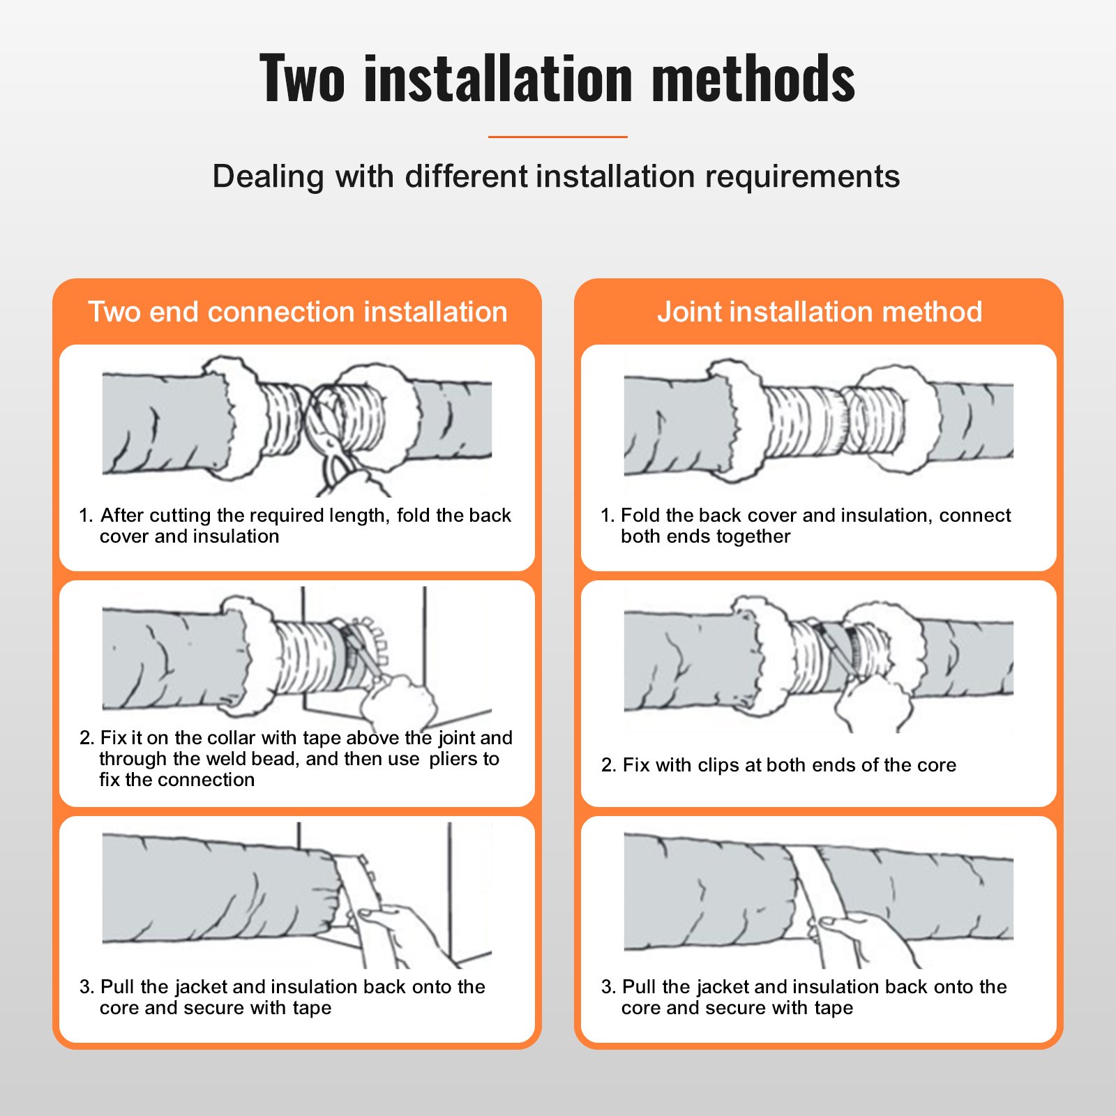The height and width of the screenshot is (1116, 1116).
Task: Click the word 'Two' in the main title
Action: (301, 78)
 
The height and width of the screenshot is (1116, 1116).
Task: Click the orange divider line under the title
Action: (557, 137)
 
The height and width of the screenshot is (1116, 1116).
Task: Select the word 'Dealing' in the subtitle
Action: (268, 176)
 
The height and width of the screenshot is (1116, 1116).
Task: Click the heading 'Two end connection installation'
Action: (298, 312)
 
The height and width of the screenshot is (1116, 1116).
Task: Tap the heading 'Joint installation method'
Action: (819, 312)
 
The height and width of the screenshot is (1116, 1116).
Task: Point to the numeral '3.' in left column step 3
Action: (86, 987)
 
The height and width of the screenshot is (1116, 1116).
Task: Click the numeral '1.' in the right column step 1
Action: (607, 515)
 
